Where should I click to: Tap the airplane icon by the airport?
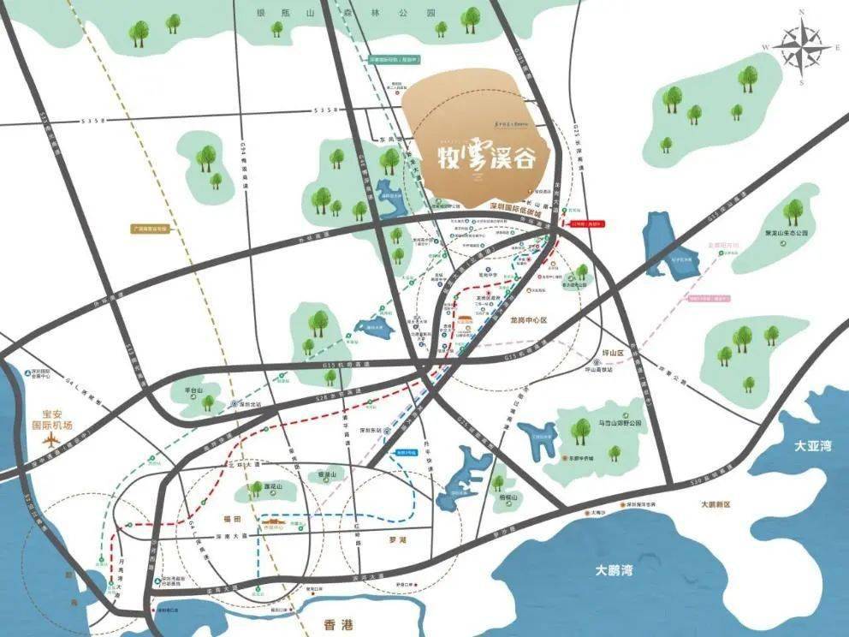(52, 440)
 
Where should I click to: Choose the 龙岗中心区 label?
(528, 319)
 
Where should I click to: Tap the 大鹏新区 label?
(715, 504)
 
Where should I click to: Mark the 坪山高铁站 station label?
(601, 371)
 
